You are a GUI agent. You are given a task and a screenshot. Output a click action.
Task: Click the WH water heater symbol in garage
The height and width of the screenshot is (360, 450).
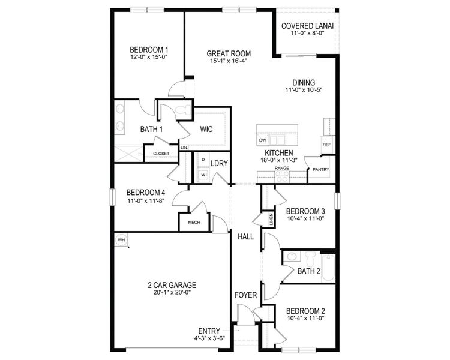(121, 240)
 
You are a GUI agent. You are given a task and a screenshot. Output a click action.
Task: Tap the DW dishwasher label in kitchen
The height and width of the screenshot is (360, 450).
(263, 140)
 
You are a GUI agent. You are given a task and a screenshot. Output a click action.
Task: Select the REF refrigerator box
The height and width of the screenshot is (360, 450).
(327, 145)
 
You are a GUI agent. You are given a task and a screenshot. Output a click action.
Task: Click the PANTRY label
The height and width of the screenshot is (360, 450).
(320, 170)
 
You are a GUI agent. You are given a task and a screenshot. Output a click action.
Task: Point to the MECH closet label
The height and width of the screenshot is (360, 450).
(194, 222)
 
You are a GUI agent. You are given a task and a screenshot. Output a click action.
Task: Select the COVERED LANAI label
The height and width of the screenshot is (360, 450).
(308, 26)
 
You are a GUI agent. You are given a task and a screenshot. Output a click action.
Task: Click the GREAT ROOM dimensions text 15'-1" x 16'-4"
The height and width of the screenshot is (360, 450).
(229, 61)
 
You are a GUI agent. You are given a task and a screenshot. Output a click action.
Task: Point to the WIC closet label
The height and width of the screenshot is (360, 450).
(207, 128)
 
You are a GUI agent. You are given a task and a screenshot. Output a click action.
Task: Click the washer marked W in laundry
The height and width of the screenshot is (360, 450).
(203, 175)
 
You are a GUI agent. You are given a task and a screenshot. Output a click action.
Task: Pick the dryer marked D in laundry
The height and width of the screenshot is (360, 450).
(203, 160)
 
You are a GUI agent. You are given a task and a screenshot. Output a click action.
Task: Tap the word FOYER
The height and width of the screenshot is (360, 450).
(245, 295)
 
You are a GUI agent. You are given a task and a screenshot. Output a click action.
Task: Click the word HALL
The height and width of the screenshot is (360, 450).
(245, 237)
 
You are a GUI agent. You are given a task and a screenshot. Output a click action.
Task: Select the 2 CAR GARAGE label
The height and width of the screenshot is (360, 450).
(172, 285)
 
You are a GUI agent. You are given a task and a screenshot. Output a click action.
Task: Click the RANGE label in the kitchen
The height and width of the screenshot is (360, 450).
(281, 169)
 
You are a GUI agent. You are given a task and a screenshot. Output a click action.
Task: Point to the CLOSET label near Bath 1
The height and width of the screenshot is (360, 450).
(161, 154)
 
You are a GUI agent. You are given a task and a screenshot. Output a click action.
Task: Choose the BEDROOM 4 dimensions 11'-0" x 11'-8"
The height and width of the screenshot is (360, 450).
(146, 201)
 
